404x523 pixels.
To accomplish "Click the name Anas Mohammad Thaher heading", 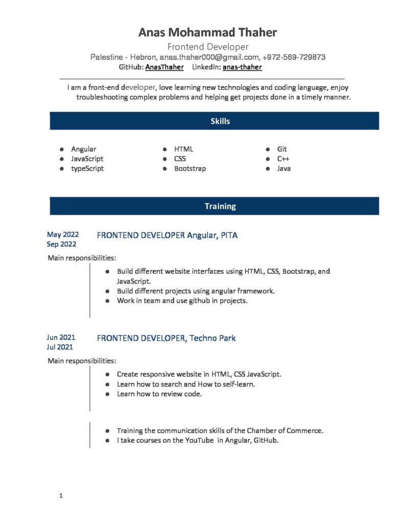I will (207, 33).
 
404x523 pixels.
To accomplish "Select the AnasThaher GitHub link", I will (164, 67).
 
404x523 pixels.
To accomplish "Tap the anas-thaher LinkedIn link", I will (242, 67).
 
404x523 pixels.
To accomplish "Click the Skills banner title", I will (220, 121).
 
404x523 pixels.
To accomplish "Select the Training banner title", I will (220, 206).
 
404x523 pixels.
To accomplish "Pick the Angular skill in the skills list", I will (83, 149).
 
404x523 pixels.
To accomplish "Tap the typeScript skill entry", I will (87, 169).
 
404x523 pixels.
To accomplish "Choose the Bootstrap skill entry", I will (190, 169).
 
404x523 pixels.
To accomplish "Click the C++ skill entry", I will (283, 159).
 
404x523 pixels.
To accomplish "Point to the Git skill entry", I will (282, 149).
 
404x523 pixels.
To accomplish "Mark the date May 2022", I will (63, 234).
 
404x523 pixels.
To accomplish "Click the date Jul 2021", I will (60, 347).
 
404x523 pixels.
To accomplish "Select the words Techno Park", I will (212, 338).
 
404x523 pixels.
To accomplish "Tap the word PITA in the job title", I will (229, 235).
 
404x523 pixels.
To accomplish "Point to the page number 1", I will (61, 495).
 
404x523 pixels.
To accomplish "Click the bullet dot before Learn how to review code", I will (108, 394).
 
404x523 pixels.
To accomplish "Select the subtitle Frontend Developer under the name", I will (208, 47).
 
